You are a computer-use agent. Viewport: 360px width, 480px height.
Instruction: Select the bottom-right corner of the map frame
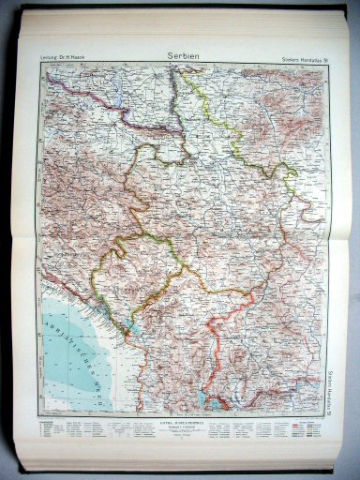tap(329, 413)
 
